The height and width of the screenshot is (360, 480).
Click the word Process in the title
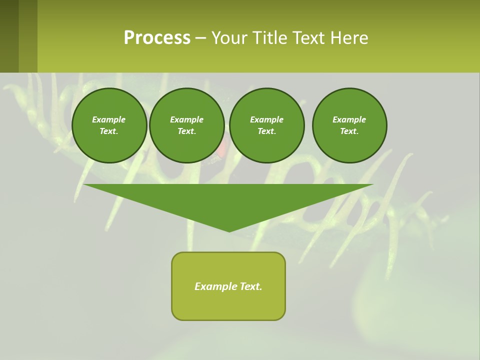(x=157, y=38)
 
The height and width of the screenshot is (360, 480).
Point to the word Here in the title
(x=349, y=38)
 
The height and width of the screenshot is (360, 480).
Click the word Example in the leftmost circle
(x=109, y=119)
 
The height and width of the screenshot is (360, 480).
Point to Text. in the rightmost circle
(x=349, y=131)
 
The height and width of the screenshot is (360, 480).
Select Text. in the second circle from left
(x=187, y=131)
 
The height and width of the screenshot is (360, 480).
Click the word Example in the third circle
(x=266, y=119)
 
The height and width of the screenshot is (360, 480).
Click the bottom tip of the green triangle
(x=229, y=230)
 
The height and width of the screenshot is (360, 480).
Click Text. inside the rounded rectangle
(x=250, y=286)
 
